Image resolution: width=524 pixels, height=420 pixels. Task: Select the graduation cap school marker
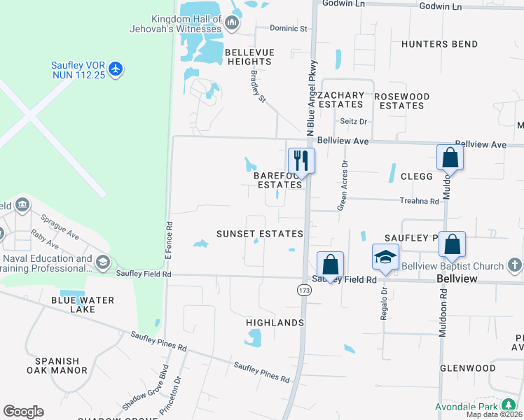(x=385, y=258)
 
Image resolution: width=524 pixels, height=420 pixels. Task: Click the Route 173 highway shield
(x=303, y=289)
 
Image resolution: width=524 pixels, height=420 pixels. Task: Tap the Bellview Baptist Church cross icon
(x=515, y=265)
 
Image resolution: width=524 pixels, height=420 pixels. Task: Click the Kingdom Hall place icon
(x=233, y=24)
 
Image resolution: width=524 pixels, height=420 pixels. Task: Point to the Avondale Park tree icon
(x=508, y=406)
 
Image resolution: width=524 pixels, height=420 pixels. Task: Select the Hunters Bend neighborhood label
(x=439, y=44)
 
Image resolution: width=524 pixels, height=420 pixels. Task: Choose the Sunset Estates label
(x=259, y=234)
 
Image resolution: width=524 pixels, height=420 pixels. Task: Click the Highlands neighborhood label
(x=275, y=323)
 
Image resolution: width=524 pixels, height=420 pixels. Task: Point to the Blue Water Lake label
(x=82, y=306)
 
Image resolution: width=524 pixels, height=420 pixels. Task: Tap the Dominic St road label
(x=290, y=29)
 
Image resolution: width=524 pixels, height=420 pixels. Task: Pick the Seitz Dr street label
(x=354, y=121)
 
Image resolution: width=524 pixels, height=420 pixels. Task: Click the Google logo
(x=23, y=412)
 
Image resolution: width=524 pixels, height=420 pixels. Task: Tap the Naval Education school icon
(x=103, y=262)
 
